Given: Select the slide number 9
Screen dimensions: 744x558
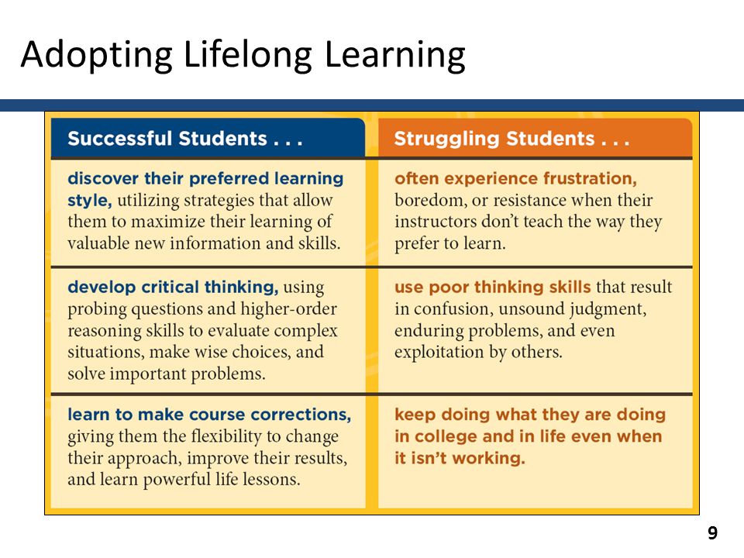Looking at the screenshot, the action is tap(712, 533).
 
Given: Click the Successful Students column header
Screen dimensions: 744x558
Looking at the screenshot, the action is tap(185, 139).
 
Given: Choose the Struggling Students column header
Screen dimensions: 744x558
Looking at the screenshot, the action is tap(511, 139).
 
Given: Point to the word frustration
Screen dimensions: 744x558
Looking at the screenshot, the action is tap(590, 178).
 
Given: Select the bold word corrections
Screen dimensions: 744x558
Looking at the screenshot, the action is tap(301, 415).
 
